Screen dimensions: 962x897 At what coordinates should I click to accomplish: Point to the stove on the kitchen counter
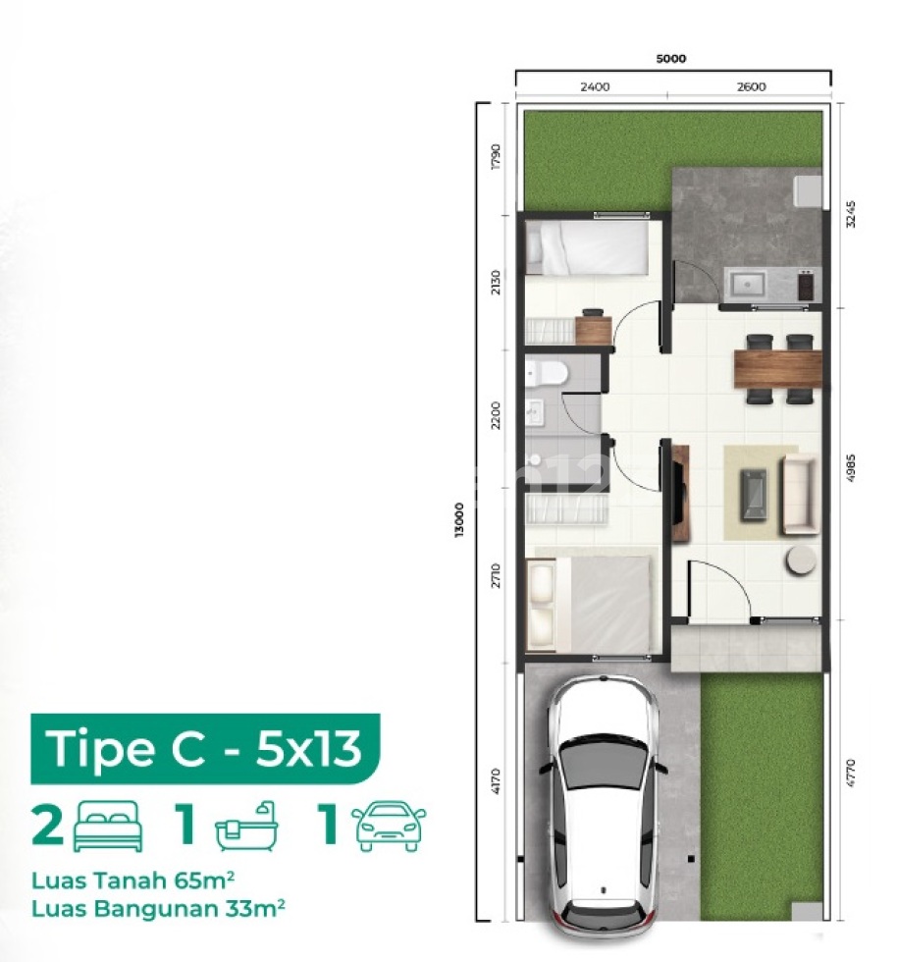click(806, 285)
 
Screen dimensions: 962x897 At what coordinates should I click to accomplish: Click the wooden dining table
click(777, 368)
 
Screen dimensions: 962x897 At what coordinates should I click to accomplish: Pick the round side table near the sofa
click(800, 560)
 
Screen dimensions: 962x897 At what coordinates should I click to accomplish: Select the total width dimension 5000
click(671, 59)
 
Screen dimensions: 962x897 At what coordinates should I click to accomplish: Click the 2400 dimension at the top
click(595, 86)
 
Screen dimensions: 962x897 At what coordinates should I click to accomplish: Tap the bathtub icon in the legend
click(246, 827)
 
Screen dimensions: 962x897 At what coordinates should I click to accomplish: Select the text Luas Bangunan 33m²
click(158, 907)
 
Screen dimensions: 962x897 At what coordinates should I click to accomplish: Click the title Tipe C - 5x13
click(204, 748)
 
